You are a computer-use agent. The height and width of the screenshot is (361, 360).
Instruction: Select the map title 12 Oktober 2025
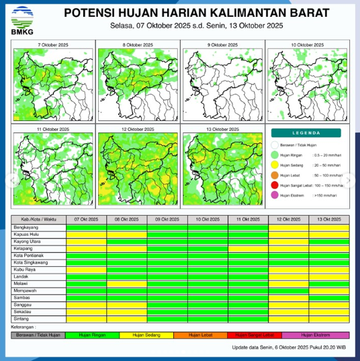[x=138, y=128]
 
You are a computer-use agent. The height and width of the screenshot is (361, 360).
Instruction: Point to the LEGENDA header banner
[x=308, y=132]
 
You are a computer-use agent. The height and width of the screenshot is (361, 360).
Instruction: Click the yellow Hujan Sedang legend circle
[x=275, y=165]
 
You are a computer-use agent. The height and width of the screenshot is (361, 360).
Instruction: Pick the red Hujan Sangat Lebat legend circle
[x=275, y=186]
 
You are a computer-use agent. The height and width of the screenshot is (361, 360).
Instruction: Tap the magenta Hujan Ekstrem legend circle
[x=275, y=196]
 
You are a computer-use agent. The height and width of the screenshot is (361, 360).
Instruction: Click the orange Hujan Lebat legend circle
[x=275, y=175]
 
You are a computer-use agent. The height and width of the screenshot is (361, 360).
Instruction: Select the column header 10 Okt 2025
[x=208, y=220]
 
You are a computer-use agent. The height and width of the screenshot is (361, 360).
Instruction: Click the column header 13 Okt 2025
[x=329, y=220]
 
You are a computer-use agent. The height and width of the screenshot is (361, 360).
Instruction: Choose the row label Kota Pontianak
[x=29, y=256]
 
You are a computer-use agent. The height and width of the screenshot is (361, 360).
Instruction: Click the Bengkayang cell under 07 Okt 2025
[x=87, y=229]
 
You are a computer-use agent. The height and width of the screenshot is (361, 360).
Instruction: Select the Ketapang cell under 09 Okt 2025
[x=167, y=249]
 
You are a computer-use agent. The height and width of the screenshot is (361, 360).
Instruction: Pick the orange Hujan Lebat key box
[x=201, y=334]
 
